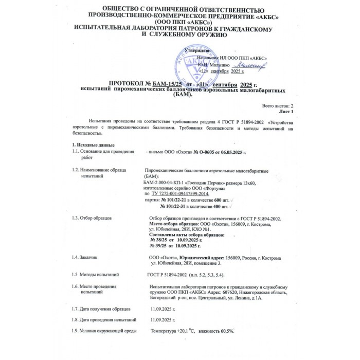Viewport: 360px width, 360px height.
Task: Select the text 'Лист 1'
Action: click(285, 111)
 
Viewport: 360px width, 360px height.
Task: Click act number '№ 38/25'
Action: click(159, 240)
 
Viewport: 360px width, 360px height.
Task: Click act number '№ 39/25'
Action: click(159, 246)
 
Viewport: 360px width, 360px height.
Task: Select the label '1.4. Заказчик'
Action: click(85, 257)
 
